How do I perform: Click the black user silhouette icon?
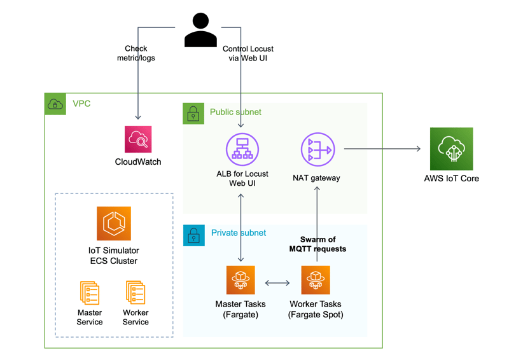(200, 30)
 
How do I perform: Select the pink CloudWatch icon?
(138, 139)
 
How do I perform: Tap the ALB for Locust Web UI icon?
(242, 149)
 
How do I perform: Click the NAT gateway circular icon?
(317, 149)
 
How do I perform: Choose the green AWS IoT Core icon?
(451, 149)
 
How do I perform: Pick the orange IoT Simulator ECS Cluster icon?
(114, 223)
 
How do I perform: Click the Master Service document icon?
(90, 293)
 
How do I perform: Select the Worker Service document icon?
(136, 293)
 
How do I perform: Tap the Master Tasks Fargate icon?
(241, 280)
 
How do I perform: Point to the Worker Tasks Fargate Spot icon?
(316, 280)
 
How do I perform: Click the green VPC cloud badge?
(55, 104)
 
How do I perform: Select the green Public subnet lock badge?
(193, 114)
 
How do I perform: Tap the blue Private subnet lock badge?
(194, 235)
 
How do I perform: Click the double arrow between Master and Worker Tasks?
(277, 283)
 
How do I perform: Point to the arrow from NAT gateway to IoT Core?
(382, 149)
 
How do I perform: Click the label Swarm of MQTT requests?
(317, 244)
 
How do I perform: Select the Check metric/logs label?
(136, 53)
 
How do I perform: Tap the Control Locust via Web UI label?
(248, 53)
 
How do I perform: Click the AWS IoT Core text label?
(452, 179)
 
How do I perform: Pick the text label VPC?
(81, 104)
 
